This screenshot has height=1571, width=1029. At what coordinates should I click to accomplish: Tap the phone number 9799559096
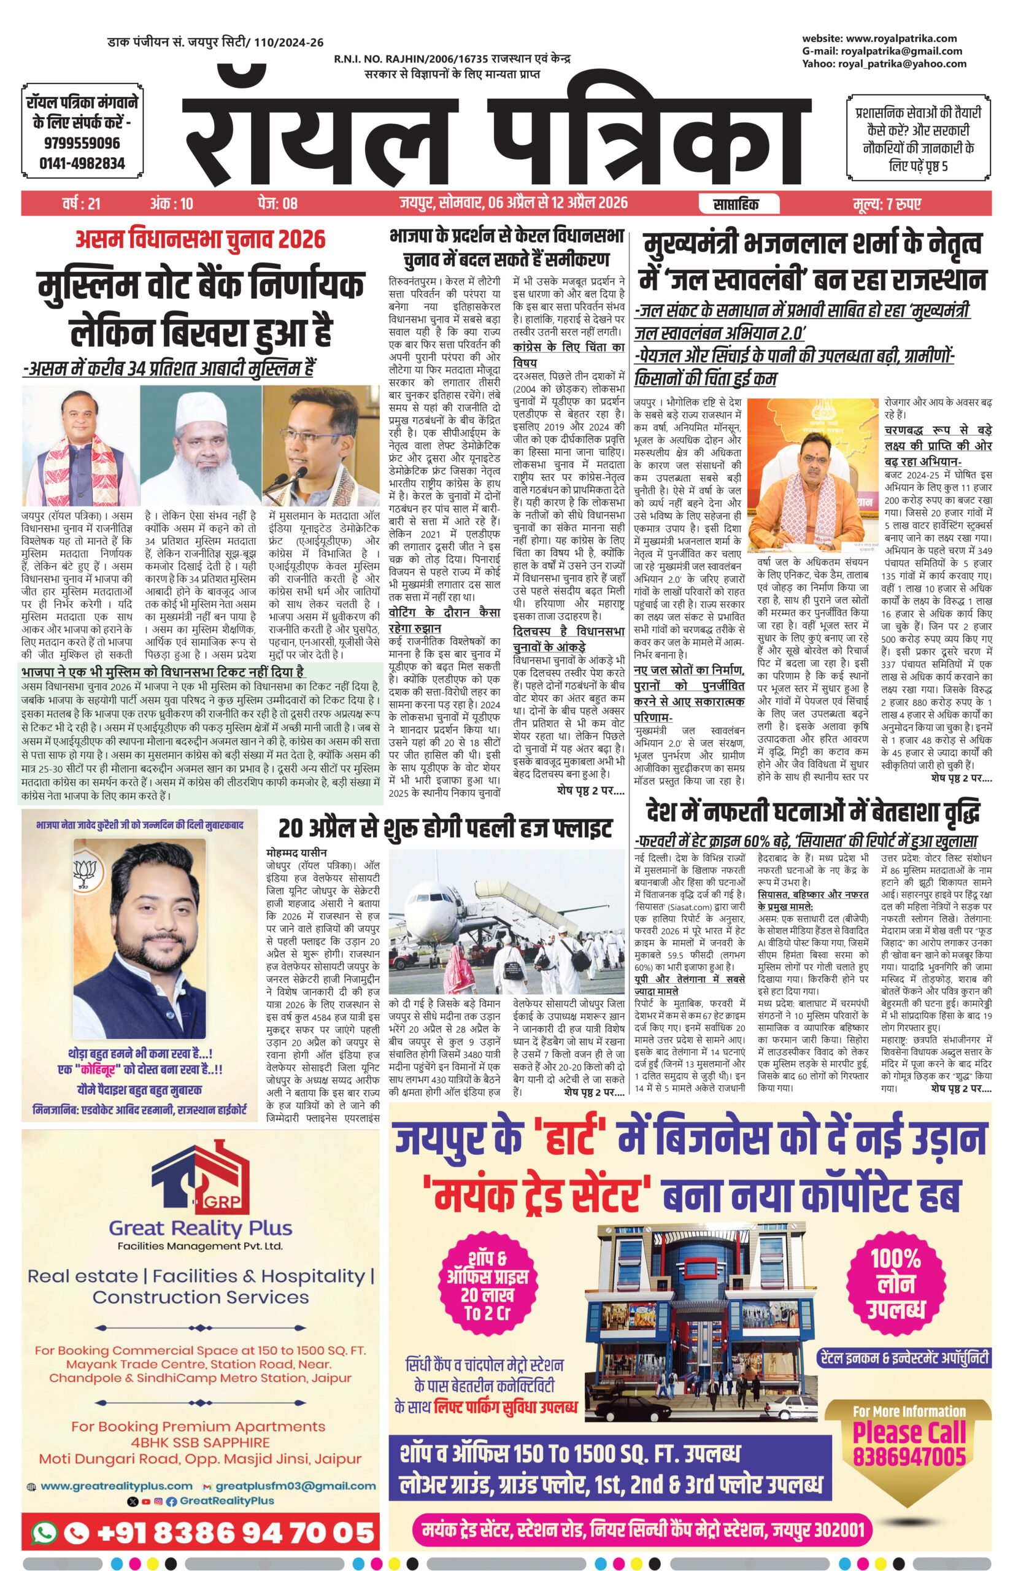pos(82,143)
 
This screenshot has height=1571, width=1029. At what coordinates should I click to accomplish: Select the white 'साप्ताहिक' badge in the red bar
pos(735,204)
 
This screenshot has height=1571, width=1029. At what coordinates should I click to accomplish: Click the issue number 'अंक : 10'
pos(172,204)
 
